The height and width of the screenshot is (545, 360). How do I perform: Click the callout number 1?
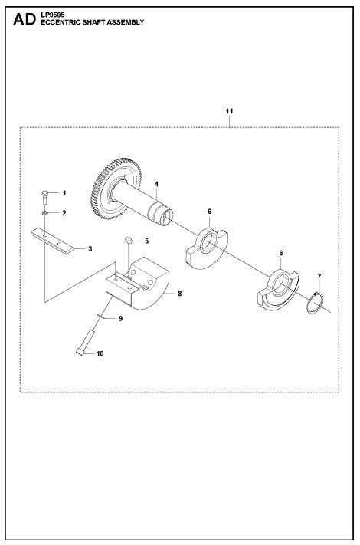click(64, 193)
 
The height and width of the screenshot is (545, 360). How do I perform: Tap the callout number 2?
click(64, 212)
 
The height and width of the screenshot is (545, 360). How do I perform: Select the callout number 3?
click(90, 249)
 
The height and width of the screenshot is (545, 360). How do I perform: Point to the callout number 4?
click(155, 184)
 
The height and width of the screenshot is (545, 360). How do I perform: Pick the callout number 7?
click(319, 275)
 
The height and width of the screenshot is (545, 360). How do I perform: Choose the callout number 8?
click(179, 293)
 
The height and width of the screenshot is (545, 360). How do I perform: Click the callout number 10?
click(98, 354)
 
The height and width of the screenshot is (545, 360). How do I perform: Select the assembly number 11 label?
click(228, 112)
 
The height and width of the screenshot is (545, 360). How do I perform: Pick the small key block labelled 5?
click(129, 242)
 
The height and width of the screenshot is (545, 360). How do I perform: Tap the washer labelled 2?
click(46, 212)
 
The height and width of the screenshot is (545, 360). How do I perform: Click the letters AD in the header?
click(24, 21)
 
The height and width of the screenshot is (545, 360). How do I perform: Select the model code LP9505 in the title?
click(52, 15)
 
